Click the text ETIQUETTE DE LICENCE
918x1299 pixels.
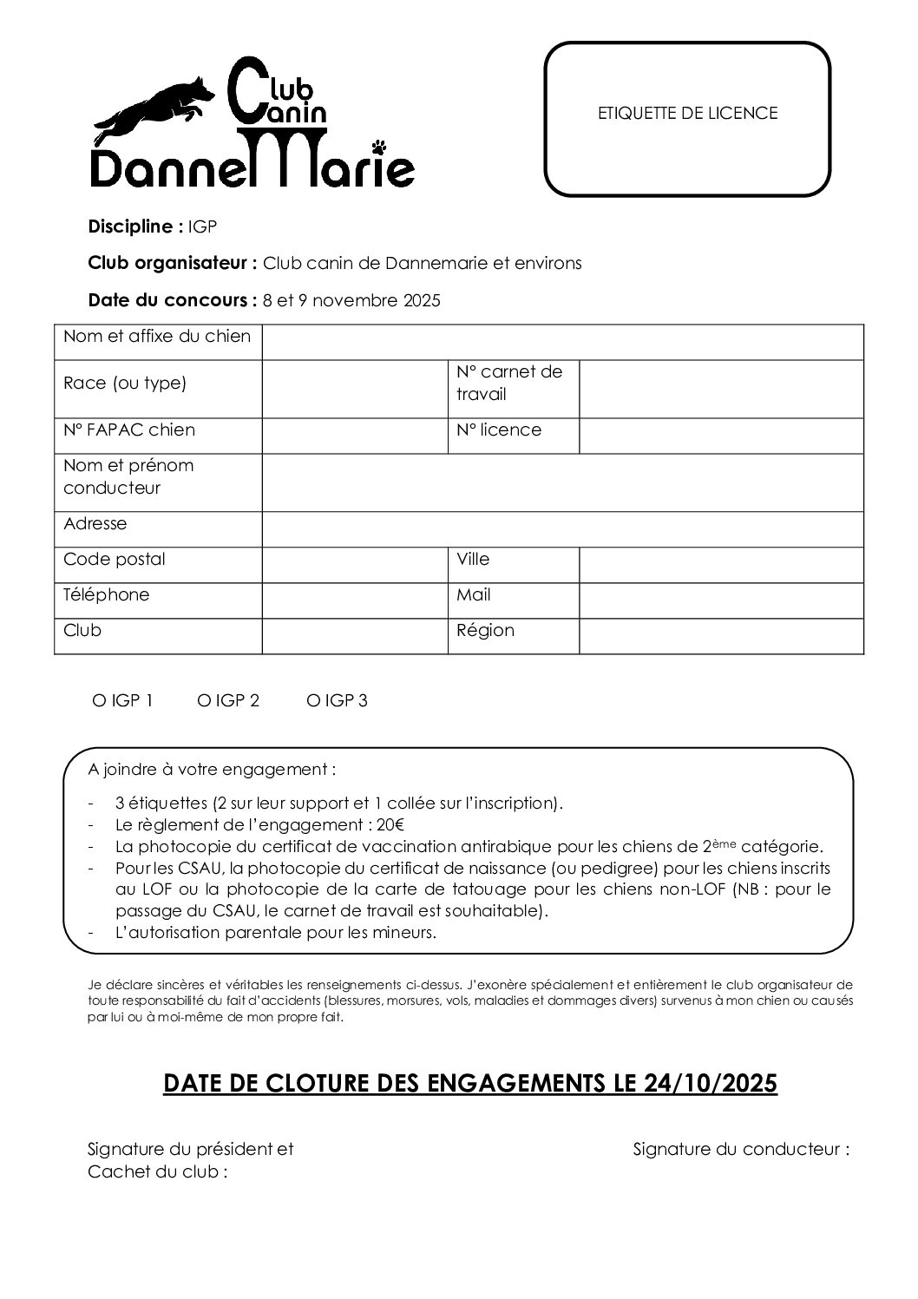(x=687, y=113)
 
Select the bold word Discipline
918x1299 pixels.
(x=133, y=227)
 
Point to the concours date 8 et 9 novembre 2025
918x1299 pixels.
(x=351, y=301)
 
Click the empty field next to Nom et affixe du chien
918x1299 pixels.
(x=562, y=342)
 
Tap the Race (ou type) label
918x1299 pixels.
(x=125, y=383)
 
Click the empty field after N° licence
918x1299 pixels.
(x=721, y=436)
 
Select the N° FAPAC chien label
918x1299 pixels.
(x=129, y=430)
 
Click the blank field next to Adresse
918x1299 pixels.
(x=562, y=528)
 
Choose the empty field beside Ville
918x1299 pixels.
(x=721, y=564)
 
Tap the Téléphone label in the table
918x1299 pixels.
(x=106, y=594)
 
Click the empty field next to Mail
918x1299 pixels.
(x=721, y=600)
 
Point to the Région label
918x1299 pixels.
(x=485, y=630)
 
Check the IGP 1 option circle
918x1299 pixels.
(x=98, y=701)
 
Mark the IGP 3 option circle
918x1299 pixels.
(x=312, y=701)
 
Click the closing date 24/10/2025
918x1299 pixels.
(x=711, y=1084)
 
